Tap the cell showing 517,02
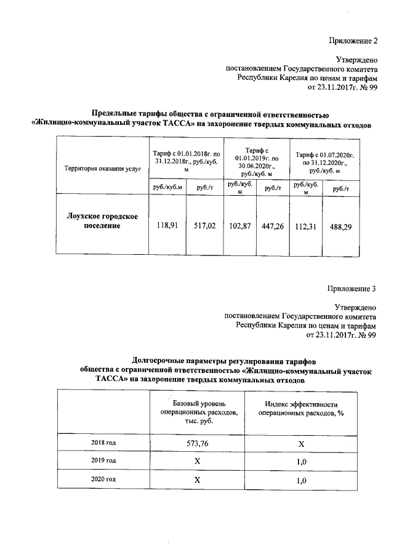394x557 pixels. pyautogui.click(x=204, y=226)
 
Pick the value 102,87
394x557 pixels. pyautogui.click(x=239, y=226)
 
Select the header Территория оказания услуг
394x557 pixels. pyautogui.click(x=99, y=167)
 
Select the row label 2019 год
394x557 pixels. pyautogui.click(x=102, y=460)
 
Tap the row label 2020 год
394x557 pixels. pyautogui.click(x=102, y=479)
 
